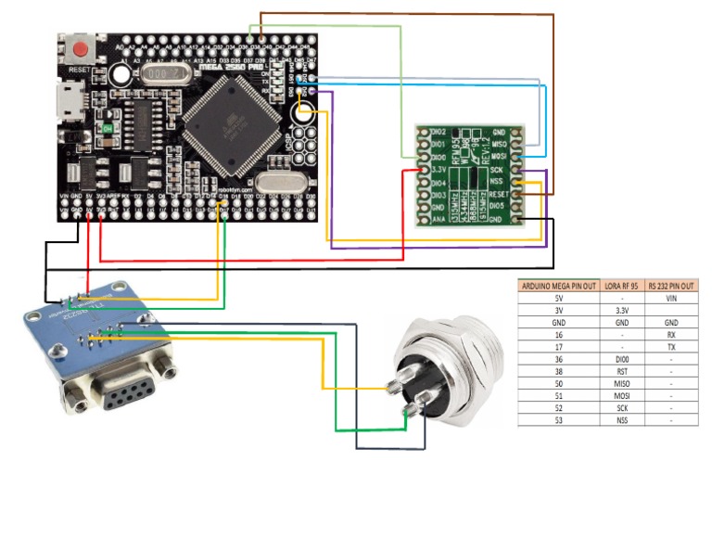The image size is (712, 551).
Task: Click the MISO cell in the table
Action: coord(623,382)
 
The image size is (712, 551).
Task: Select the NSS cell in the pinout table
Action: coord(623,419)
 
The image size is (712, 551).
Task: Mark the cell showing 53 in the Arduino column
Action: coord(556,419)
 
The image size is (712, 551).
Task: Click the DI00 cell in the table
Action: coord(623,358)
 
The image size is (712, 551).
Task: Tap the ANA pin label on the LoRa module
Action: coord(439,220)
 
